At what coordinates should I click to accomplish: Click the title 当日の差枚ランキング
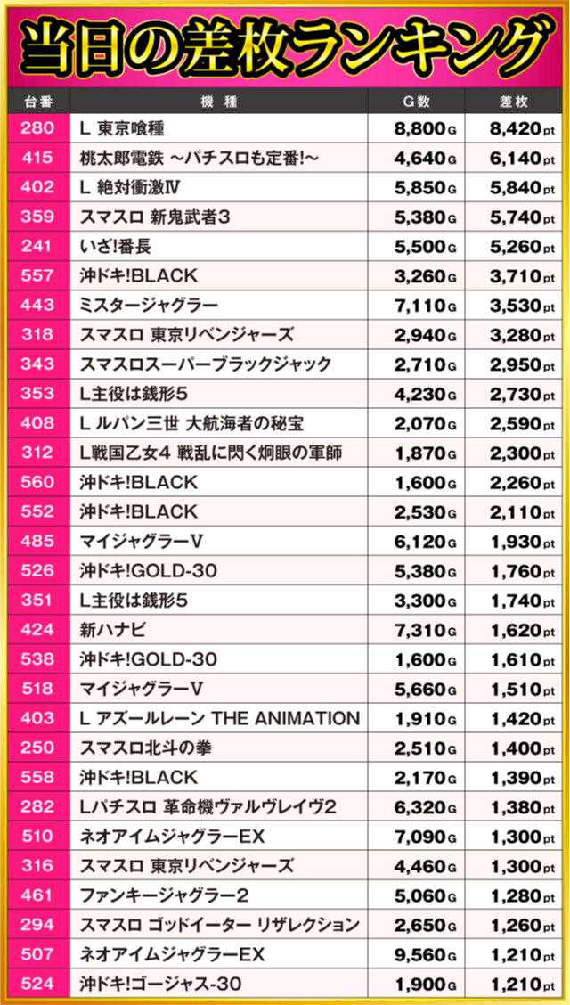[x=285, y=45]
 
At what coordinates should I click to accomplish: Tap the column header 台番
[x=38, y=101]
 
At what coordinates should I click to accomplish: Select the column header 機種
[x=219, y=101]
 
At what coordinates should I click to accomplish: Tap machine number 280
[x=38, y=129]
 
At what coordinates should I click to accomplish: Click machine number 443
[x=38, y=306]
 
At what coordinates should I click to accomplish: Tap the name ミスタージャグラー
[x=149, y=306]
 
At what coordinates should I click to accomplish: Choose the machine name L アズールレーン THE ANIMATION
[x=219, y=718]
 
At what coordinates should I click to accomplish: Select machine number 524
[x=38, y=984]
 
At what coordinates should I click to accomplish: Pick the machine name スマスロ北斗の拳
[x=147, y=748]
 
